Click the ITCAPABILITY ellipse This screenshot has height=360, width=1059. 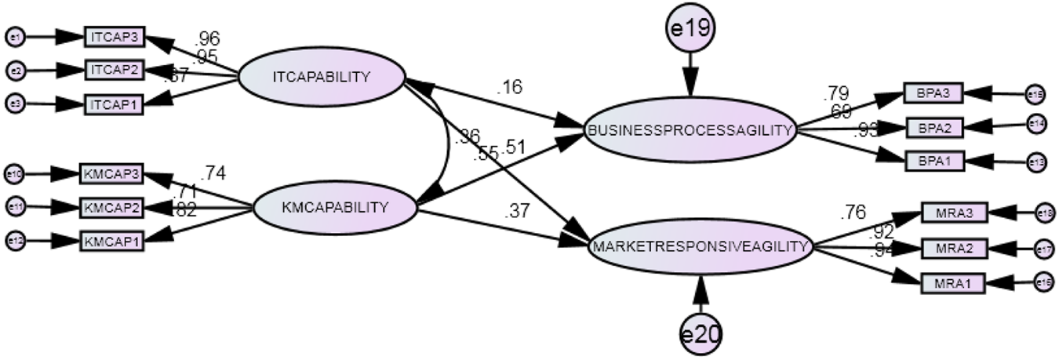(x=321, y=77)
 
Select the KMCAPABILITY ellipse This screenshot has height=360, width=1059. (x=334, y=208)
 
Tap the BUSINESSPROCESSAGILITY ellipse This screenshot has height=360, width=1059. (x=690, y=130)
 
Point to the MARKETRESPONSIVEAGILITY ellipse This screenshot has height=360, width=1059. (x=701, y=246)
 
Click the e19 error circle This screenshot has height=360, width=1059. (x=690, y=29)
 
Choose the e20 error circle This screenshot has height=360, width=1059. (x=700, y=334)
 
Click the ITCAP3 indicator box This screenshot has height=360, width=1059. (x=115, y=36)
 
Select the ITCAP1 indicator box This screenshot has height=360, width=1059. (x=115, y=104)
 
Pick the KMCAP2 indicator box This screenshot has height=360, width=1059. (x=111, y=207)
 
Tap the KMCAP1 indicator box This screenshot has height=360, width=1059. (x=111, y=241)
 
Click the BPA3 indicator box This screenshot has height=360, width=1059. (x=933, y=93)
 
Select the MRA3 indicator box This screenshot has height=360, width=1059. (x=953, y=213)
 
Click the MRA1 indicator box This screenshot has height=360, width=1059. (x=953, y=281)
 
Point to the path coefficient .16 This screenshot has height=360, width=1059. (x=509, y=86)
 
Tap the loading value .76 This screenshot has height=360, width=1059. (x=853, y=212)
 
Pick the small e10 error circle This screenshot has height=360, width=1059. (x=15, y=173)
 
